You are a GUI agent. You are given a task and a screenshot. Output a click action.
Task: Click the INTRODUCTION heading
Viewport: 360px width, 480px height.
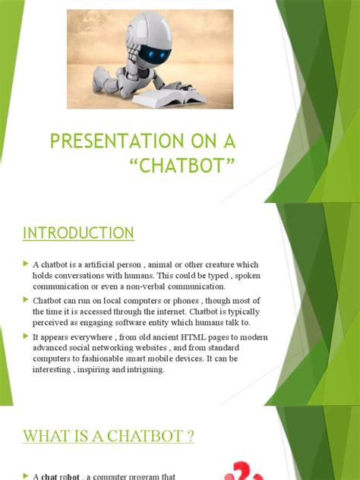[78, 232]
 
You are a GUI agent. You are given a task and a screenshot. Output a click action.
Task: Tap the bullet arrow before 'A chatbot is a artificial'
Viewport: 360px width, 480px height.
[26, 263]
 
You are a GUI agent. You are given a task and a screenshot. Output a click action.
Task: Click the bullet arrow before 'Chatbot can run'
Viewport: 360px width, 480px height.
[26, 300]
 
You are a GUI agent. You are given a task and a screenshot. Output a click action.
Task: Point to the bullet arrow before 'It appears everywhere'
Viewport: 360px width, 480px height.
[26, 335]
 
